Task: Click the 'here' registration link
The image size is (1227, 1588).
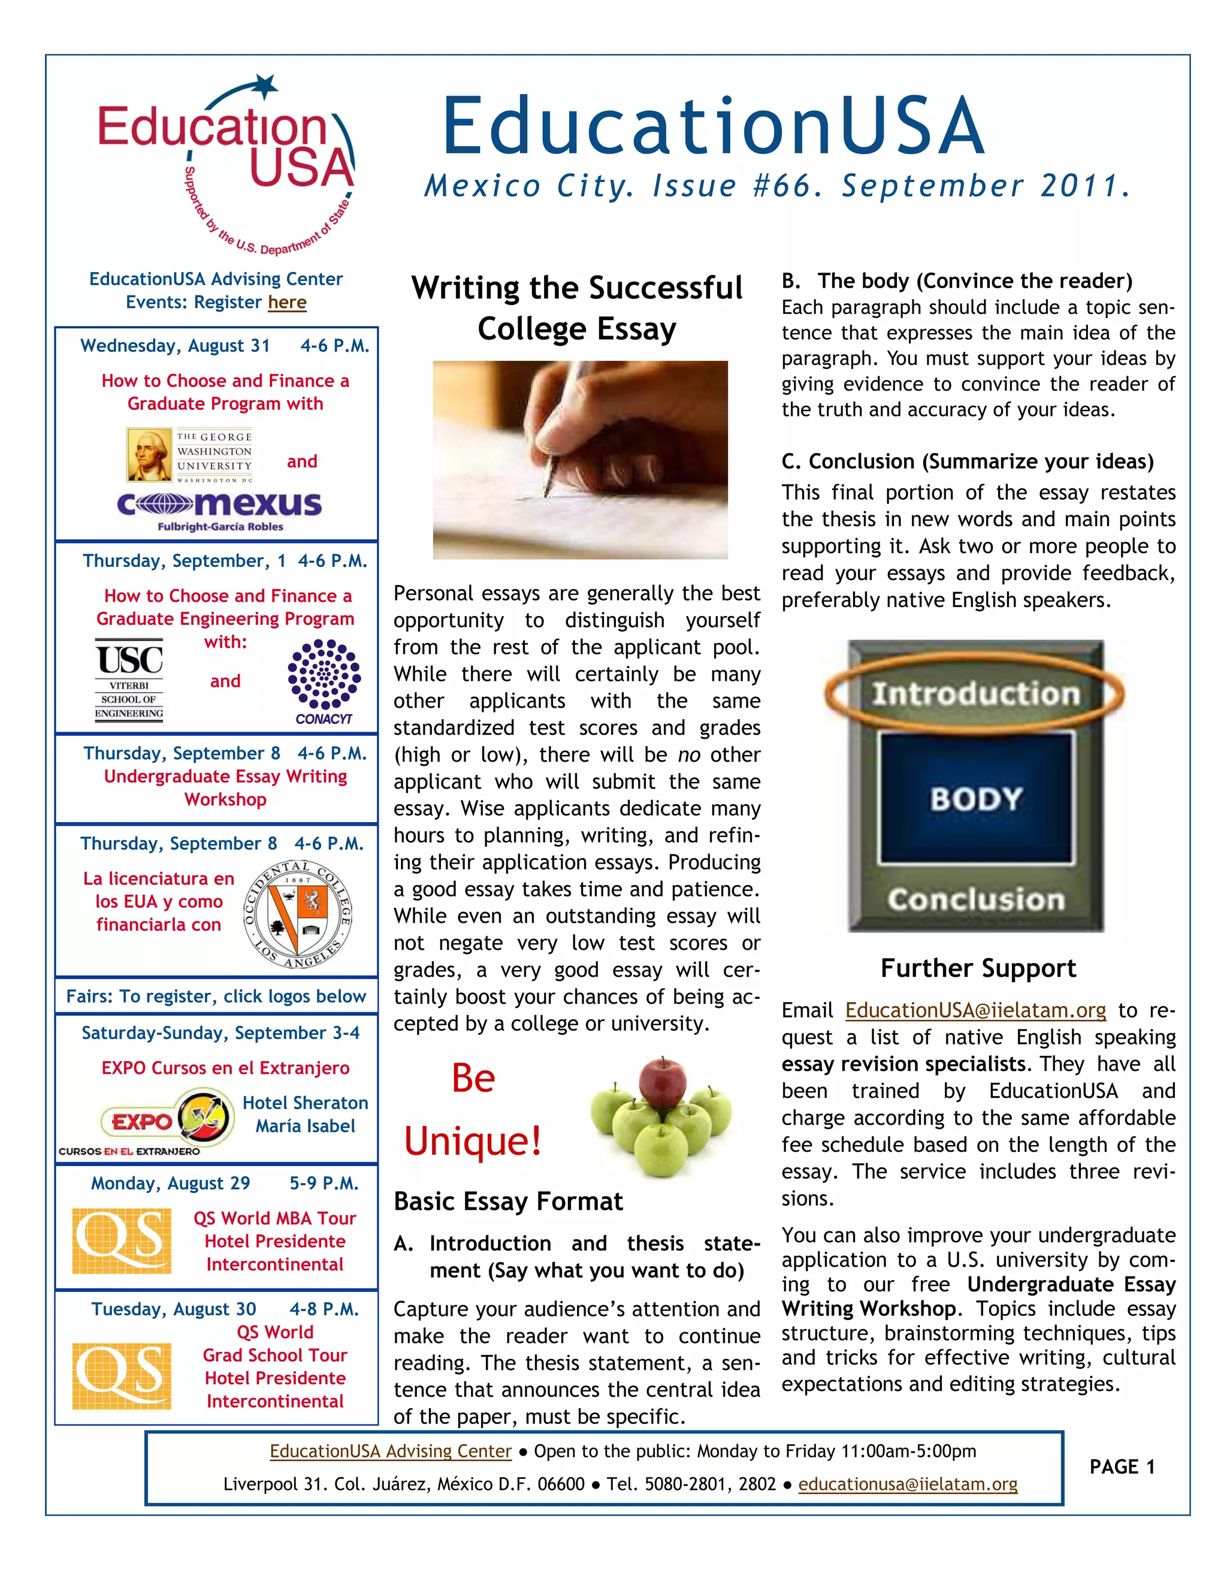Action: click(x=287, y=302)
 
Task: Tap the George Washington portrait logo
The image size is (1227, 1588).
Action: click(x=150, y=455)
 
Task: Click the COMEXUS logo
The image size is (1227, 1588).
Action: click(x=219, y=505)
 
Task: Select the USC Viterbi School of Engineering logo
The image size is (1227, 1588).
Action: click(x=129, y=679)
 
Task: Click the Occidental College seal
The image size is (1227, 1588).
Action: click(x=298, y=914)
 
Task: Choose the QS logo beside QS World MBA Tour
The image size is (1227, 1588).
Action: click(x=122, y=1240)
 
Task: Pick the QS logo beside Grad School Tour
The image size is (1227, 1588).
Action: click(x=122, y=1376)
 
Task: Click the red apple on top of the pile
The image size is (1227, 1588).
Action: click(x=662, y=1082)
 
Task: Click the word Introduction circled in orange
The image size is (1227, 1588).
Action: click(x=975, y=694)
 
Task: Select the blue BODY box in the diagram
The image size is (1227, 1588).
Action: click(x=976, y=798)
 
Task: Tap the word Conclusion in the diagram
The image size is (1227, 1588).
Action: click(x=975, y=899)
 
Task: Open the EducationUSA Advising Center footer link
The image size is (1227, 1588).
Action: click(x=391, y=1451)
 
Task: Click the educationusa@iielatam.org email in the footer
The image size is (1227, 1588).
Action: click(x=907, y=1483)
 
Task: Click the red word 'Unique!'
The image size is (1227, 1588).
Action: click(x=473, y=1141)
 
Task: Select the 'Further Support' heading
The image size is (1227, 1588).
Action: click(x=978, y=968)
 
